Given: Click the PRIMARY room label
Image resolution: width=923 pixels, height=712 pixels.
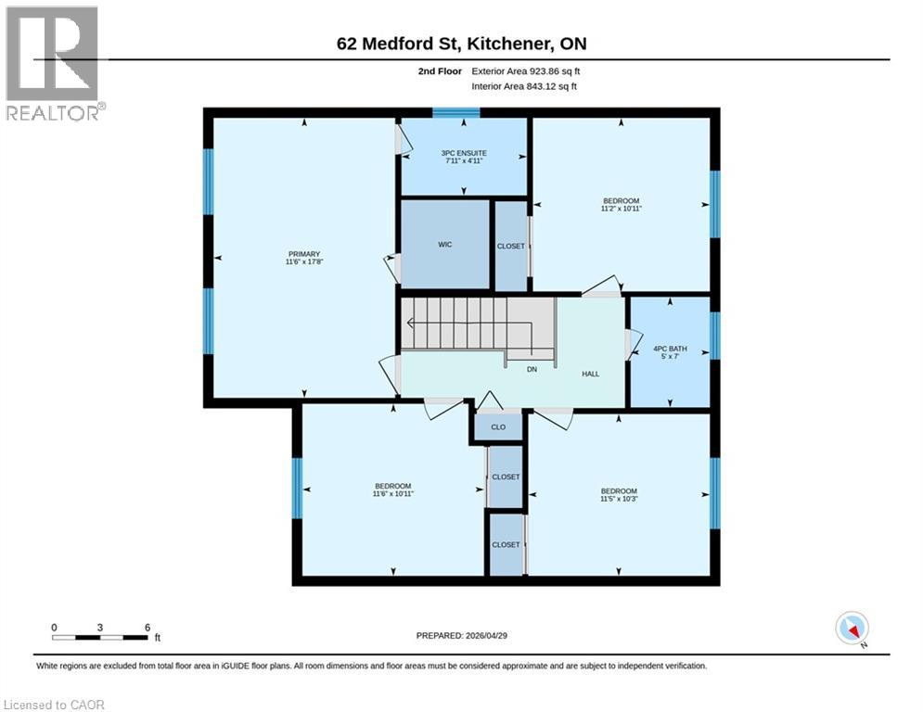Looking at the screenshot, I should tap(303, 254).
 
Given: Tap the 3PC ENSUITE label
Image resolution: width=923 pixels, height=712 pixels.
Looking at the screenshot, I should tap(465, 153).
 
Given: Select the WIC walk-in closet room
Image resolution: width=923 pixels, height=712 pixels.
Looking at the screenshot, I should tap(444, 246).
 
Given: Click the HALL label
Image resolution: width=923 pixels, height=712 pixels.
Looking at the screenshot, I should tap(591, 374).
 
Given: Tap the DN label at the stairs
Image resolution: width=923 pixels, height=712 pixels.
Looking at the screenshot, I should tap(532, 368).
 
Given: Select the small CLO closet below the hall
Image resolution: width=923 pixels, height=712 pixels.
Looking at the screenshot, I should tap(498, 427).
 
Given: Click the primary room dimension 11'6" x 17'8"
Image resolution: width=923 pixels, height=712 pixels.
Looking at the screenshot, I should tap(303, 262).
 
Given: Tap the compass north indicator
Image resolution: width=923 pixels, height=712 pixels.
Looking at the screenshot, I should tap(852, 629).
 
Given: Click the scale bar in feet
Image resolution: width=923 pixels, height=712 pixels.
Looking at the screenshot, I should tap(100, 637).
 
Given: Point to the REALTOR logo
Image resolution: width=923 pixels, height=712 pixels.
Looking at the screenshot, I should tap(53, 64).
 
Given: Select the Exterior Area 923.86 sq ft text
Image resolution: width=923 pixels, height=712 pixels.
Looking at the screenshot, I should tap(526, 70).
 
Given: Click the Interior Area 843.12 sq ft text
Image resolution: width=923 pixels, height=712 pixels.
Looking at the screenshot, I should tap(524, 86).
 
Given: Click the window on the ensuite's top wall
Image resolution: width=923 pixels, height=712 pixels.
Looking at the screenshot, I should tap(456, 113).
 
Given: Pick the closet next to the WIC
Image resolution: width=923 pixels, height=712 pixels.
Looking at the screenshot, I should tap(510, 247).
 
